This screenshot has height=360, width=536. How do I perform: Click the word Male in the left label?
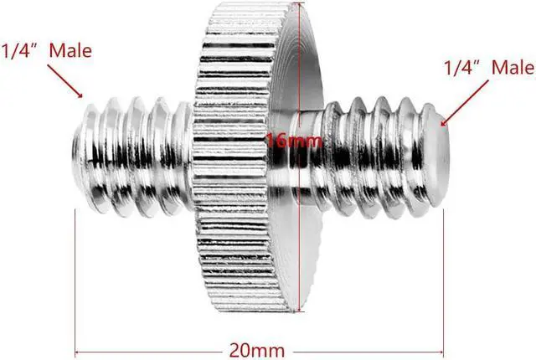click(x=70, y=50)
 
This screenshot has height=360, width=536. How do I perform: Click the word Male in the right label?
click(x=513, y=67)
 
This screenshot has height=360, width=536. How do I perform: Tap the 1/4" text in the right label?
click(x=459, y=67)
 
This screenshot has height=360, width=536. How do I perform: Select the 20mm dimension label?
click(x=257, y=351)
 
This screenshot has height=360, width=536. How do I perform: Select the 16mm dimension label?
click(x=294, y=141)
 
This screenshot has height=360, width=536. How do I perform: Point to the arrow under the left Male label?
click(x=65, y=81)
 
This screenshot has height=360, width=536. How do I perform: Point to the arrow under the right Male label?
click(x=465, y=103)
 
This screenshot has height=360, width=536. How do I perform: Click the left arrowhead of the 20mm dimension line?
click(x=77, y=352)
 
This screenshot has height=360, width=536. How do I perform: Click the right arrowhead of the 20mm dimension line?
click(x=441, y=352)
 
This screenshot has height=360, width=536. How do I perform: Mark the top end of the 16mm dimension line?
click(x=300, y=3)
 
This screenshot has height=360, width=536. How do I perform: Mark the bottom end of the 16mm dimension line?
click(x=300, y=310)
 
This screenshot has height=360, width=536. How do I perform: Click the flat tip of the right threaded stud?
click(x=436, y=156)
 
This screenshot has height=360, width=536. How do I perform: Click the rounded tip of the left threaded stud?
click(x=80, y=156)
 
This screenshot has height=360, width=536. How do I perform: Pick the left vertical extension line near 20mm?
click(x=75, y=280)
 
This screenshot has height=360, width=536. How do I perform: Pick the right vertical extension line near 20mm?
click(x=443, y=280)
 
